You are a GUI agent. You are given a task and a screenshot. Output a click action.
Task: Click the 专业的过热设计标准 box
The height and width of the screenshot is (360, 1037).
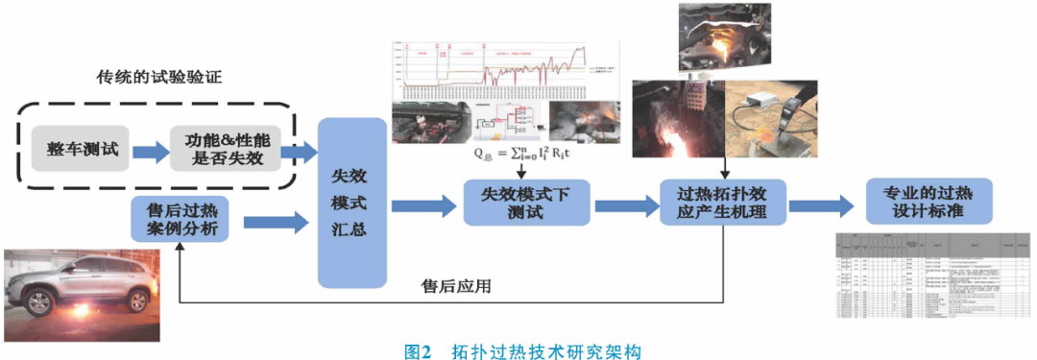(928, 200)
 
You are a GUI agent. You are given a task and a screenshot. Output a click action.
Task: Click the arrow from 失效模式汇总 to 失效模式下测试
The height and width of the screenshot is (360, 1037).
(422, 204)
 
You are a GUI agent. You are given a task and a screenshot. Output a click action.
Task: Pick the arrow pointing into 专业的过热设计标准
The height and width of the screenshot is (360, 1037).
(821, 204)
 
